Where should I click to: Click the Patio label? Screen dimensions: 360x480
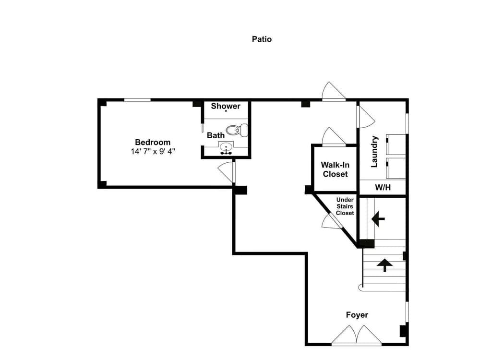coord(262,39)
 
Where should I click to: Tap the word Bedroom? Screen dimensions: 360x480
coord(153,142)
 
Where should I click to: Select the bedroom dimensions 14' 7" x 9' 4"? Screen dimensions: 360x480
coord(153,152)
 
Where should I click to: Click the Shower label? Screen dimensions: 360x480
coord(225,106)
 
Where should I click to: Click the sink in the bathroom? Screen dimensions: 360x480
coord(225,147)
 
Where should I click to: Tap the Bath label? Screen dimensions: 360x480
coord(216,135)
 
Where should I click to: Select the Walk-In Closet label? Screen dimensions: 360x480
coord(335,169)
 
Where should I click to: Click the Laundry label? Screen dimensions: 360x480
coord(374,151)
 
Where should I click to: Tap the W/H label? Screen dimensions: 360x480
coord(383,187)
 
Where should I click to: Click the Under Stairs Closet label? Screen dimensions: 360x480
coord(345,206)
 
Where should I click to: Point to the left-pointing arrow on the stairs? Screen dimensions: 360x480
coord(378,219)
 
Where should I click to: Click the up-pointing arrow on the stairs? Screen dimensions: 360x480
coord(384,264)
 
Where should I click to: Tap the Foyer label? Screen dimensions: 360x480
coord(357,315)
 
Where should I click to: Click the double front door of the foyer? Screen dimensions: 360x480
coord(357,336)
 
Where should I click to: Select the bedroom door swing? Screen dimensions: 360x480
coord(226,172)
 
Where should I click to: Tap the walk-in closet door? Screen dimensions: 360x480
coord(333,137)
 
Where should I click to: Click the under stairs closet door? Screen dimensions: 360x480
coord(331,222)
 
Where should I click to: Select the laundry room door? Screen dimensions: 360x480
coord(366,117)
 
